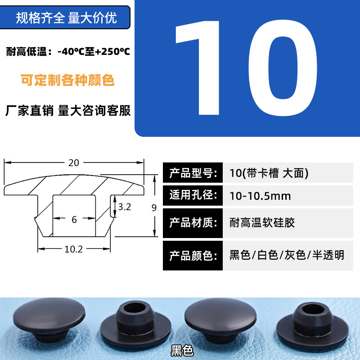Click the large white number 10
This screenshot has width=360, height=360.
(246, 68)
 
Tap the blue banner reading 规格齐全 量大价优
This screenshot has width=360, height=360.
(65, 18)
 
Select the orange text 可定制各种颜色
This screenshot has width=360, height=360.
(67, 80)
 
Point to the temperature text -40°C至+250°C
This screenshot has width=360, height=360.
(94, 51)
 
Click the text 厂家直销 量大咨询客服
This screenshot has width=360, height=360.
(68, 110)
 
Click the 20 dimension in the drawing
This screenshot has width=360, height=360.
(74, 163)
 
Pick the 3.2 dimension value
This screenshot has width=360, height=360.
(125, 207)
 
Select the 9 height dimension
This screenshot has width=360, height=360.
(154, 208)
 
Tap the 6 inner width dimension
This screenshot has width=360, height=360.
(74, 220)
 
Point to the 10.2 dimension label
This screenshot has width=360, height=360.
(73, 249)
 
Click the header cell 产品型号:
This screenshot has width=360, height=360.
(193, 173)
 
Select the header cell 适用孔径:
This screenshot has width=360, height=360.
(193, 195)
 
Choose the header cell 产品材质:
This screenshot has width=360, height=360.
(193, 223)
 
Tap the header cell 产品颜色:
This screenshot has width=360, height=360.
(193, 256)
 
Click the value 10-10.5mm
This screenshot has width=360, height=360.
(260, 196)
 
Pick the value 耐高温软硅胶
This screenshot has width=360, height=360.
(262, 223)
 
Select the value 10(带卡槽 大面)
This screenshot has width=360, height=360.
(269, 173)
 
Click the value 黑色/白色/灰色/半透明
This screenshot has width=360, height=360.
(287, 255)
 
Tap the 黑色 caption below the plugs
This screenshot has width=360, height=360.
(182, 351)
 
